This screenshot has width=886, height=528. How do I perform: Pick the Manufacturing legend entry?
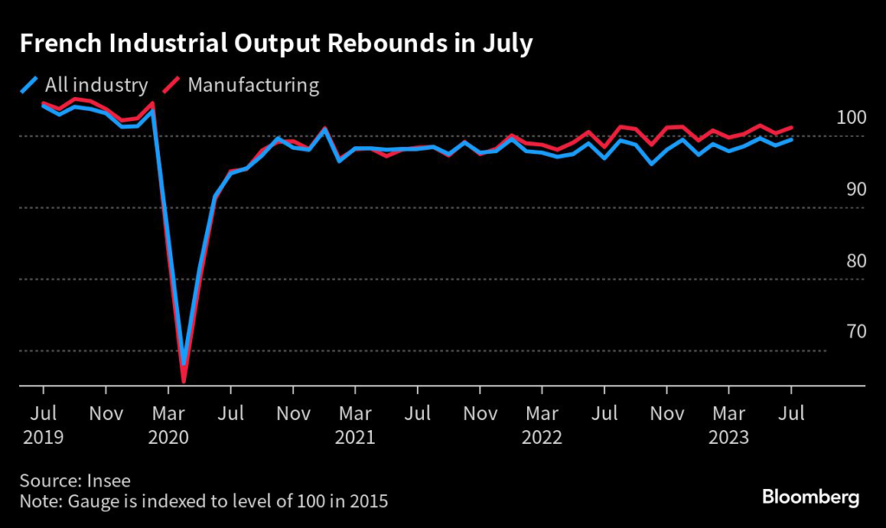pyautogui.click(x=241, y=85)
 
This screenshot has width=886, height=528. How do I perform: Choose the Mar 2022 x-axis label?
pyautogui.click(x=542, y=424)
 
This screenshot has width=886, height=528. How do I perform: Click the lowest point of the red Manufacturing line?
pyautogui.click(x=183, y=380)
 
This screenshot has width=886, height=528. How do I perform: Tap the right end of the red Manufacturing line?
pyautogui.click(x=792, y=127)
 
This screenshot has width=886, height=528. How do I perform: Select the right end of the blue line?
pyautogui.click(x=792, y=139)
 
